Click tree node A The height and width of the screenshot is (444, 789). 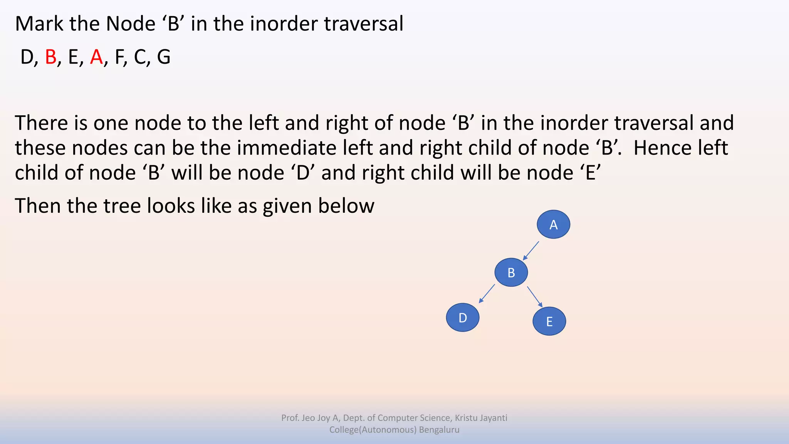click(553, 224)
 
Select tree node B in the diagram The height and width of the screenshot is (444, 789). click(511, 272)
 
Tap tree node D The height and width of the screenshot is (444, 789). click(462, 318)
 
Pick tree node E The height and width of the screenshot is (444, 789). click(549, 321)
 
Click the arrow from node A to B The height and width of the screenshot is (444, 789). click(531, 251)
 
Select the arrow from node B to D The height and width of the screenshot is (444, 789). click(487, 294)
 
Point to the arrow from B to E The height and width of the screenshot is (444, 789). click(535, 296)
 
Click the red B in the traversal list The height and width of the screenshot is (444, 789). click(50, 57)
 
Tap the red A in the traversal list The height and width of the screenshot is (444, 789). click(96, 57)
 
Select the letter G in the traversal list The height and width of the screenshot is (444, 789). click(163, 57)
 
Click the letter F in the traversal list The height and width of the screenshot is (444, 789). click(119, 57)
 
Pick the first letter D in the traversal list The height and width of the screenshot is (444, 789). click(27, 57)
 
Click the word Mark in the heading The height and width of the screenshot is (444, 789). click(39, 24)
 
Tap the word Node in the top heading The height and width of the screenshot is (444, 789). click(131, 24)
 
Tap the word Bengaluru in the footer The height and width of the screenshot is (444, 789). click(439, 430)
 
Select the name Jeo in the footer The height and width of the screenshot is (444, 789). click(309, 418)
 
